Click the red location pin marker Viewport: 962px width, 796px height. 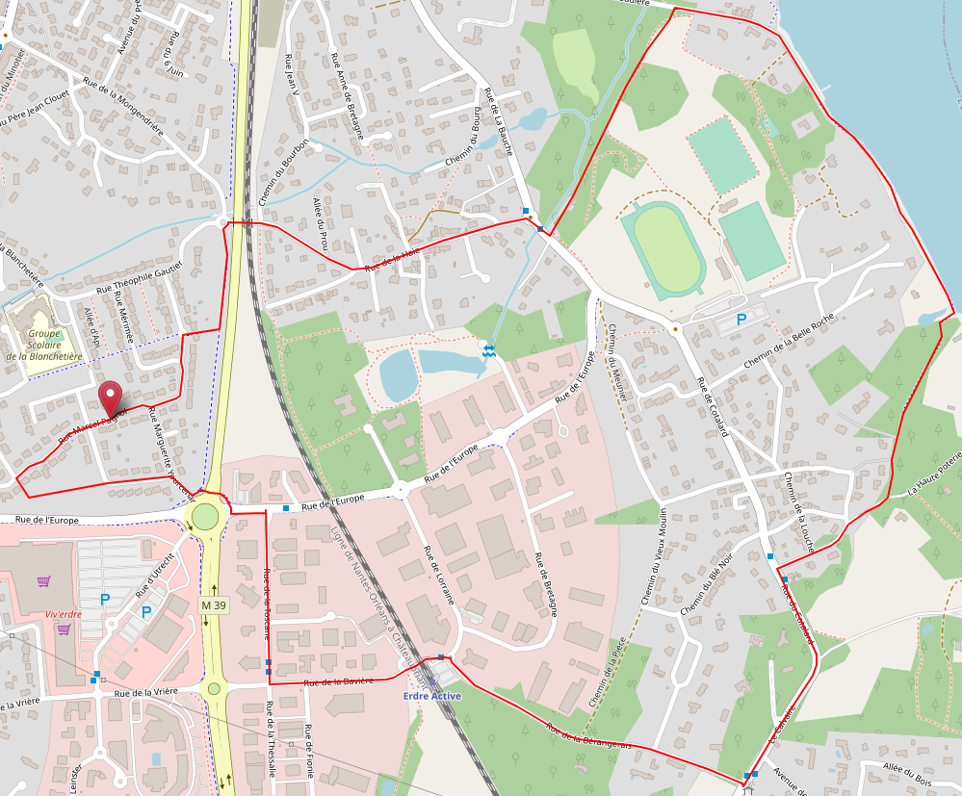(x=112, y=398)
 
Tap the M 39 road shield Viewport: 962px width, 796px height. (x=213, y=604)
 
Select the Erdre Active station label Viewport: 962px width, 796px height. (x=431, y=696)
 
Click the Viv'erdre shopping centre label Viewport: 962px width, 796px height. (x=64, y=613)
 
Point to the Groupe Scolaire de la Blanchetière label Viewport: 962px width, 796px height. (x=42, y=343)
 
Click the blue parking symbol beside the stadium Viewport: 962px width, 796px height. (x=741, y=320)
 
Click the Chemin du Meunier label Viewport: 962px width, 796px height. (x=618, y=362)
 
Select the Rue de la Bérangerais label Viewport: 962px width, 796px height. (x=589, y=735)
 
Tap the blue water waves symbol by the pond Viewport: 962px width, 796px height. (x=490, y=352)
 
